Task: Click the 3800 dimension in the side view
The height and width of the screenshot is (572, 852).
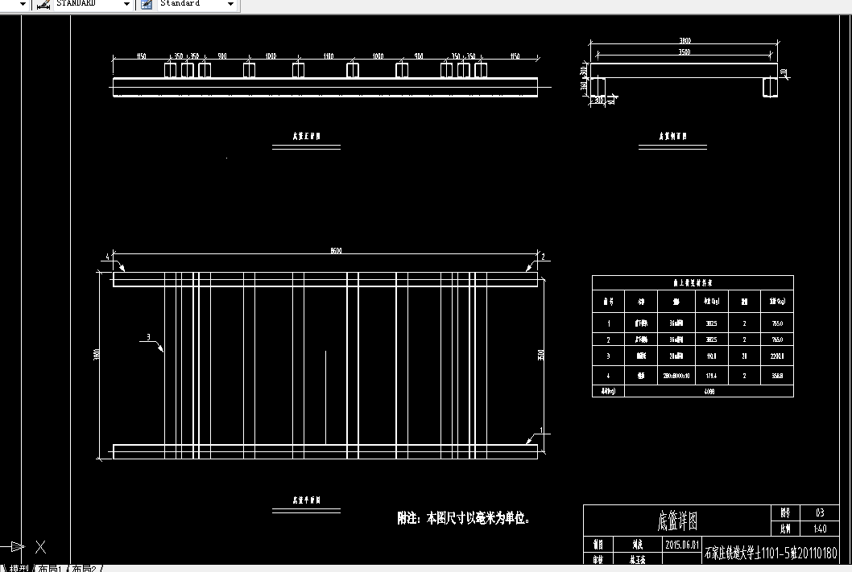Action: [x=685, y=40]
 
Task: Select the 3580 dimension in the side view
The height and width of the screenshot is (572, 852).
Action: [x=684, y=52]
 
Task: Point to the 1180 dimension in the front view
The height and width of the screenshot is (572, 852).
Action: [x=328, y=56]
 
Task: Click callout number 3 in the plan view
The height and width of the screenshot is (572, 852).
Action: [x=148, y=336]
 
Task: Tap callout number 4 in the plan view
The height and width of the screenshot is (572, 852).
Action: [x=106, y=257]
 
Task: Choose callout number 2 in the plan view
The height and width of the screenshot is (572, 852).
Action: [x=544, y=257]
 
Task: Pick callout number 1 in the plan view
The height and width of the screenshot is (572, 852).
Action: [x=542, y=430]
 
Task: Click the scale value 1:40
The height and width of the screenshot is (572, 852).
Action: [x=820, y=529]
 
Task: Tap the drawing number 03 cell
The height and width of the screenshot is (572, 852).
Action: [x=820, y=512]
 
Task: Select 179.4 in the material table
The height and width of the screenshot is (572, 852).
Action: [x=711, y=374]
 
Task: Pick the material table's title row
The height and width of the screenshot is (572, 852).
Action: [x=693, y=283]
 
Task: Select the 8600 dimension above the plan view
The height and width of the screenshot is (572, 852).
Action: [x=325, y=252]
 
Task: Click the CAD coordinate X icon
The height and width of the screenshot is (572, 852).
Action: [x=39, y=548]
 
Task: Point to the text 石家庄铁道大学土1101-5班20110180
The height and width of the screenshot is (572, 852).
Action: [x=771, y=553]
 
